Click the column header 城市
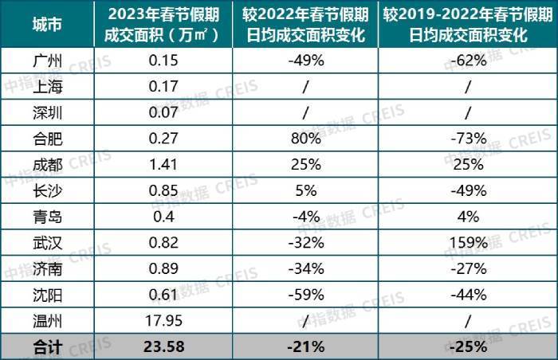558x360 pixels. tap(47, 25)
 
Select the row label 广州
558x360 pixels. tap(47, 61)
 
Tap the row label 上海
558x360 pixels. tap(47, 87)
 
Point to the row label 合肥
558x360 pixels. tap(47, 139)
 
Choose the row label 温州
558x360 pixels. tap(47, 321)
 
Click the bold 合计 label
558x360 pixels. tap(47, 346)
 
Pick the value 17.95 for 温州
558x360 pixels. tap(163, 321)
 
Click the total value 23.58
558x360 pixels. tap(164, 346)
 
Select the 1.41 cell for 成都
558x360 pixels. tap(163, 164)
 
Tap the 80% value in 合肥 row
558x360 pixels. tap(306, 139)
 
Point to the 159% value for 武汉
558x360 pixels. tap(469, 243)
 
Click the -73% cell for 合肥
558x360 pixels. tap(469, 139)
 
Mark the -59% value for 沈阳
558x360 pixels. tap(306, 295)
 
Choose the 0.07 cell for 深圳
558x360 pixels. tap(163, 112)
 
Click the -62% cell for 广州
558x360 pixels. tap(469, 61)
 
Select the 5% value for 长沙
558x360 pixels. tap(306, 190)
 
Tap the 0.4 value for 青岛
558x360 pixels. tap(163, 217)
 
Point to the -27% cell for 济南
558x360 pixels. tap(469, 268)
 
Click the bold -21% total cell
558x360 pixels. tap(306, 346)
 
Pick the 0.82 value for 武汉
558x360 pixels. tap(163, 243)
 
